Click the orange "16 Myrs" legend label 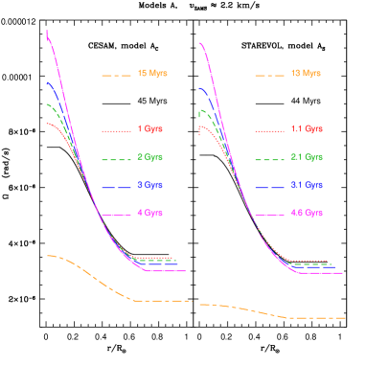point(148,73)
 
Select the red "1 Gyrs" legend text point(149,128)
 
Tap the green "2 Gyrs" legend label point(149,156)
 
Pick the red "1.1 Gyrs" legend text point(305,128)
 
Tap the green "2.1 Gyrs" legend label point(305,156)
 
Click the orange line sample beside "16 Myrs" point(115,74)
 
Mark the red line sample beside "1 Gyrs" point(115,129)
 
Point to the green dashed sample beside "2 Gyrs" point(115,157)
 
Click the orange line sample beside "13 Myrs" point(270,74)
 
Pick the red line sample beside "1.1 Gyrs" point(270,129)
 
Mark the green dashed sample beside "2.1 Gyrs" point(270,157)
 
